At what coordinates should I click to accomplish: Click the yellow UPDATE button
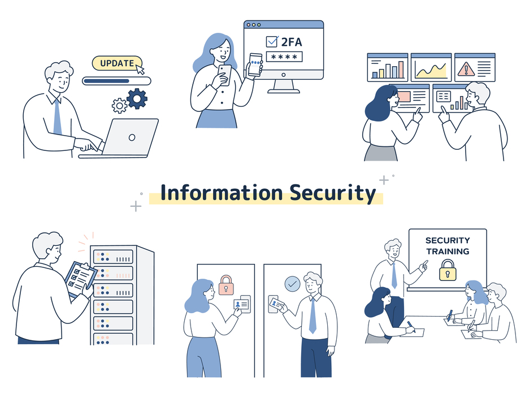pos(117,63)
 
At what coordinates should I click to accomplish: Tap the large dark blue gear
pos(137,98)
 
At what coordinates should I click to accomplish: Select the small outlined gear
pos(120,106)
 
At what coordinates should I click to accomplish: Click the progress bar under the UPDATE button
pos(116,81)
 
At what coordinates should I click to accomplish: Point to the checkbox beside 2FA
pos(271,41)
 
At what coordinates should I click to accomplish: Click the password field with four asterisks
pos(284,57)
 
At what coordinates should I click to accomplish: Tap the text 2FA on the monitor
pos(292,42)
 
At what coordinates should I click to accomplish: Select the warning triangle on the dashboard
pos(466,69)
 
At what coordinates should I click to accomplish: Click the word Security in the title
pos(333,193)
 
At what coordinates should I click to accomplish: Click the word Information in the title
pos(222,193)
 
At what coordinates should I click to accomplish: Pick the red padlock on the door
pos(226,285)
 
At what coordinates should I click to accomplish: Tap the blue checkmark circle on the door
pos(292,284)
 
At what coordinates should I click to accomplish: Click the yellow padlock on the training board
pos(448,270)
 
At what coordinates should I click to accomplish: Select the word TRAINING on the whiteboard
pos(448,252)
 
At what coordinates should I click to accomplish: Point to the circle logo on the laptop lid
pos(132,137)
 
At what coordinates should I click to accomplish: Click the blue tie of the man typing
pos(58,117)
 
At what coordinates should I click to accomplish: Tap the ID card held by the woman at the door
pos(241,304)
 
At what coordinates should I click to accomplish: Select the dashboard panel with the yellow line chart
pos(431,67)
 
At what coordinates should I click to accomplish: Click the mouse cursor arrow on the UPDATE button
pos(140,69)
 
